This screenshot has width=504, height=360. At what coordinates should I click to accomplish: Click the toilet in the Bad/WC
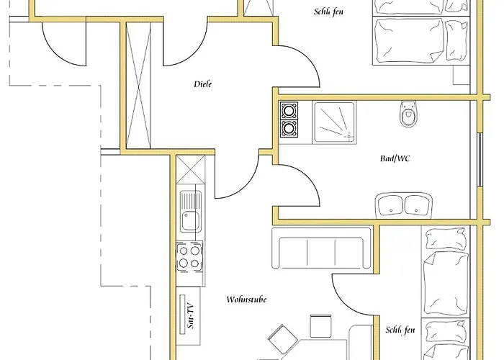pos(409,114)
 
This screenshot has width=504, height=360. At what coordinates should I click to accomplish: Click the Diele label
pos(204,84)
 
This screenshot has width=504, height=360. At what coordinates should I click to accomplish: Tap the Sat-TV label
pos(189,313)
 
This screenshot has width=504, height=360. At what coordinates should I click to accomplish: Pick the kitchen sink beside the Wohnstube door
pos(191,211)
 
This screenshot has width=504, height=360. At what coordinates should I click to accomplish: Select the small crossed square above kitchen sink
pos(190,172)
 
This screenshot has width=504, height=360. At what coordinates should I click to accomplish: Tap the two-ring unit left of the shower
pos(289,120)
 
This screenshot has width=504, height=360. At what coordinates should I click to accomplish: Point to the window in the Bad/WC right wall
pos(480,158)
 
